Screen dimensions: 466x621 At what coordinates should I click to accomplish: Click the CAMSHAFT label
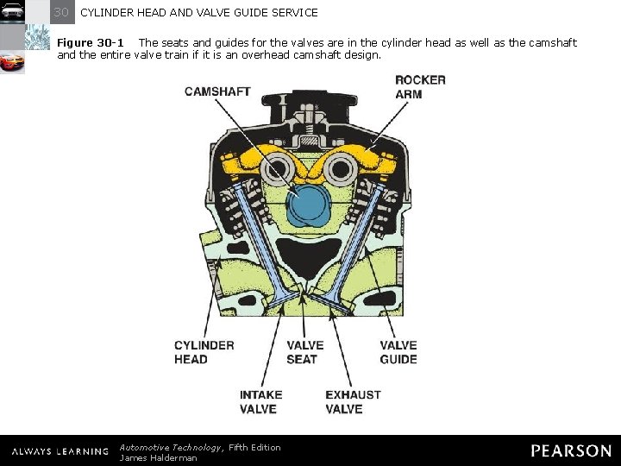tap(217, 92)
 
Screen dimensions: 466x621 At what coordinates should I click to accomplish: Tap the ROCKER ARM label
tap(420, 86)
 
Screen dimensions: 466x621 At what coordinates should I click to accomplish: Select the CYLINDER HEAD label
tap(204, 352)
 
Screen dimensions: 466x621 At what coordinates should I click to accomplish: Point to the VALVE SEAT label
tap(304, 352)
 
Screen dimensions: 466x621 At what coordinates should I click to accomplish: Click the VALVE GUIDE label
tap(398, 352)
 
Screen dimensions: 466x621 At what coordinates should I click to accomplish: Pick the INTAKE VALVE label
tap(260, 401)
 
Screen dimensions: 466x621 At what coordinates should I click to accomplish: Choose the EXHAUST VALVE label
tap(353, 401)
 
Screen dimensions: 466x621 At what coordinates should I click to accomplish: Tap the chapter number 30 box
tap(61, 12)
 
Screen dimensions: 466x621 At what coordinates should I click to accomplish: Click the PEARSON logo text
tap(571, 450)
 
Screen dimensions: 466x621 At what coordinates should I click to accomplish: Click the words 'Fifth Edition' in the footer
tap(254, 447)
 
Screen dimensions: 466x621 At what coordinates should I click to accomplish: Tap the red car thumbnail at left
tap(12, 64)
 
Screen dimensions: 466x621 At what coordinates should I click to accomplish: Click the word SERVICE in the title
tap(294, 13)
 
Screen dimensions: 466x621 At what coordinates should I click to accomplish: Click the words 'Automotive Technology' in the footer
tap(170, 447)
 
